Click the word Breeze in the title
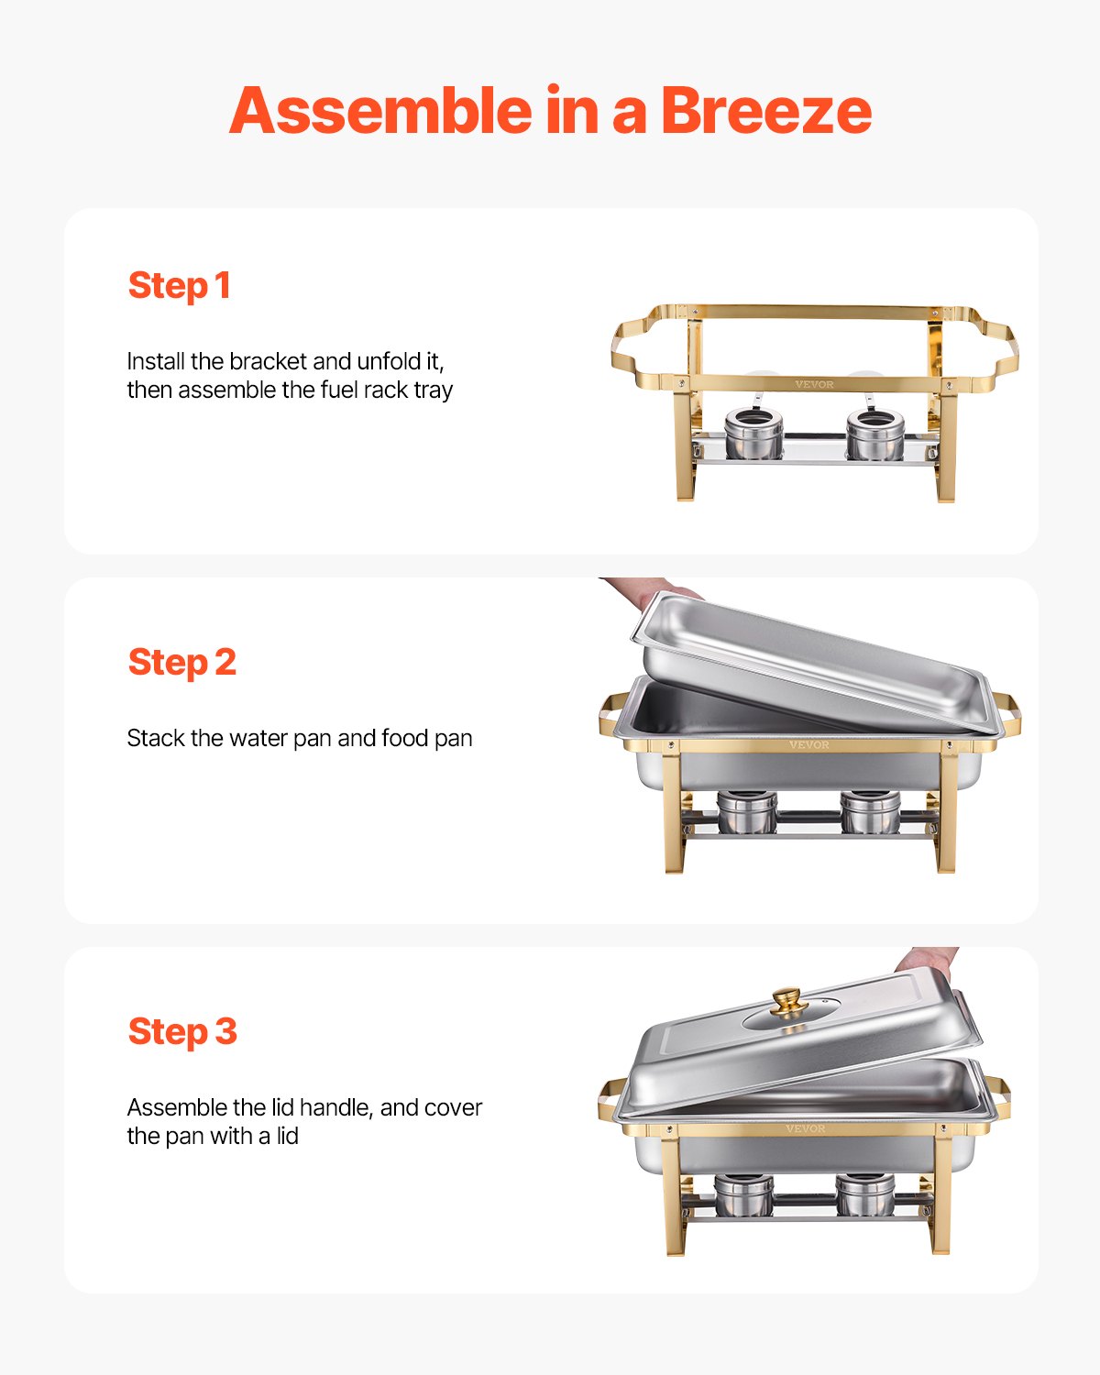(x=765, y=111)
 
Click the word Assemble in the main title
(x=379, y=111)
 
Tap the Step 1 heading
(x=179, y=286)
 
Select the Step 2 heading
(x=181, y=663)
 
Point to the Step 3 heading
(x=182, y=1032)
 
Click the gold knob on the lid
(x=786, y=1001)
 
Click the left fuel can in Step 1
(x=753, y=434)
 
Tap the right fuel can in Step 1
(x=874, y=434)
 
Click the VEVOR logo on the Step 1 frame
(x=814, y=384)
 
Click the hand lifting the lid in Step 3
(x=926, y=961)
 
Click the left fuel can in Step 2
(x=747, y=812)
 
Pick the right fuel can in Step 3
(x=865, y=1194)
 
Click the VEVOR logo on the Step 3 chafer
(x=805, y=1128)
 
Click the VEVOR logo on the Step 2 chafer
(x=808, y=745)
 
